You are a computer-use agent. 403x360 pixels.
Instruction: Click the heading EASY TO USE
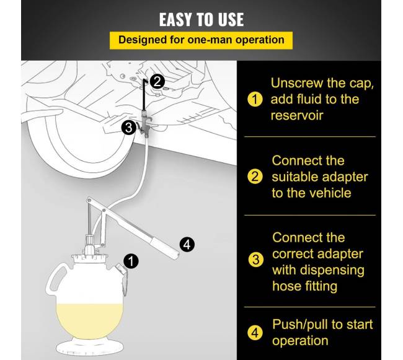[201, 20]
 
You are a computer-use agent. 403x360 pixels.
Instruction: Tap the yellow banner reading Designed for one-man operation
[201, 40]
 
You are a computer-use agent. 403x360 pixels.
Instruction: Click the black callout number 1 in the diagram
[131, 261]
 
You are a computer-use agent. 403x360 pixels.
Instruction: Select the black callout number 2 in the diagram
[157, 81]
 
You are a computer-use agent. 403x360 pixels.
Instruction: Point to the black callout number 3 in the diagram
[128, 128]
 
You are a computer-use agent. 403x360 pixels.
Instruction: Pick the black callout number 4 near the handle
[187, 245]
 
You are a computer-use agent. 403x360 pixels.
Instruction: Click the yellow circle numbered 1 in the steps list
[255, 99]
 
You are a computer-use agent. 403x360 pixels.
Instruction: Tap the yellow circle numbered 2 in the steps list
[255, 177]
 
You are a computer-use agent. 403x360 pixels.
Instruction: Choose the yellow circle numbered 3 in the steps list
[255, 260]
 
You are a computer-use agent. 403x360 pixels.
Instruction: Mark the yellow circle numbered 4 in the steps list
[255, 333]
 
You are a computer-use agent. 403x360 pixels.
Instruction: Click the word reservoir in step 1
[297, 115]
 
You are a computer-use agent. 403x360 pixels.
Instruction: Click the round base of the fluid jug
[90, 347]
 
